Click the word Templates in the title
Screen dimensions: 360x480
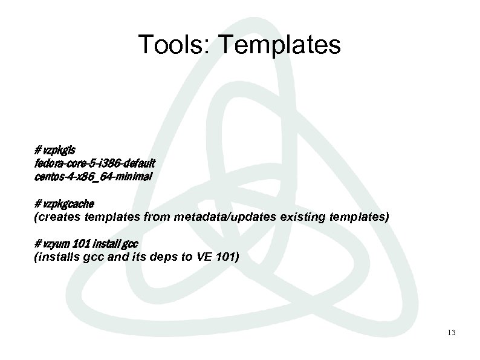[276, 44]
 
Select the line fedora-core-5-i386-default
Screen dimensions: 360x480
[95, 163]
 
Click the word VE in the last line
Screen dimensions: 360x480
[200, 257]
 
